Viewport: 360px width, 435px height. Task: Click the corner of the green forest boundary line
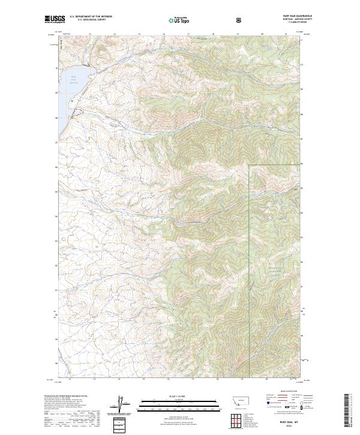tap(249, 165)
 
